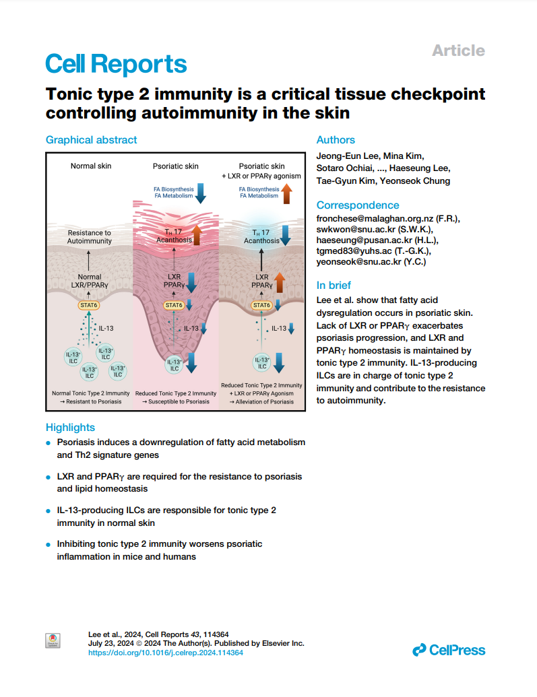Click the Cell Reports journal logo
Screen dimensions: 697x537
point(116,64)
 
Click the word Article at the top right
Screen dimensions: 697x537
point(458,51)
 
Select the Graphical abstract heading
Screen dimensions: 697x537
point(91,140)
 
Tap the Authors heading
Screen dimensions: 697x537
point(336,140)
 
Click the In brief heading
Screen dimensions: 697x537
point(334,285)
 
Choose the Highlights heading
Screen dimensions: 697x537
point(70,427)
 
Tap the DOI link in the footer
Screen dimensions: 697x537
point(166,653)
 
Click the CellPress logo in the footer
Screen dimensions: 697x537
point(449,650)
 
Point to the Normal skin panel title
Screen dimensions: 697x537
point(91,166)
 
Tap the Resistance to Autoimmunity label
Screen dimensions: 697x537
point(90,236)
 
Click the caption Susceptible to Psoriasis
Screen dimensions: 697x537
point(176,401)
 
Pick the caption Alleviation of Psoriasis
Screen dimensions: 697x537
point(261,401)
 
